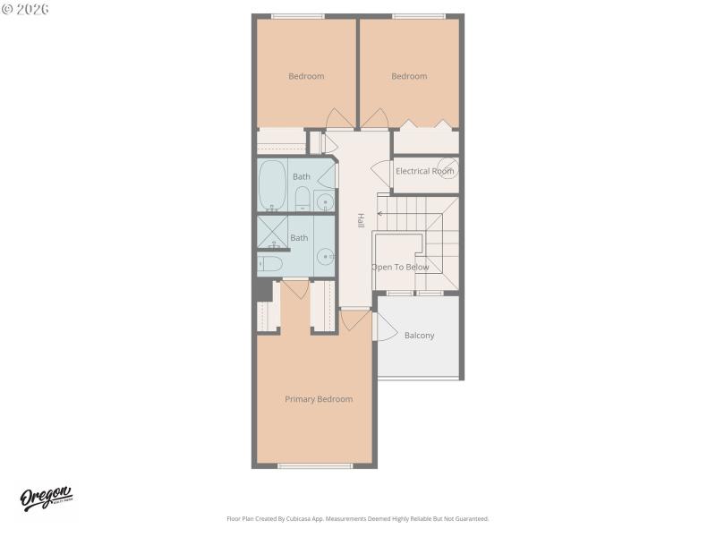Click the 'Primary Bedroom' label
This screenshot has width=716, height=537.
click(319, 399)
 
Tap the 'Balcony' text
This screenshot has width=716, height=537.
click(419, 336)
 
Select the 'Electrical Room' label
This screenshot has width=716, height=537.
click(425, 171)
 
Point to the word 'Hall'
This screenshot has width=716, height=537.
click(361, 220)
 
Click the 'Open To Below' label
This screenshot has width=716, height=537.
click(400, 267)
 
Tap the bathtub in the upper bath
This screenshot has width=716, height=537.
click(272, 184)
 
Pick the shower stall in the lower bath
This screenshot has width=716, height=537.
click(271, 232)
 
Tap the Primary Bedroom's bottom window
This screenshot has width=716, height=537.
click(315, 465)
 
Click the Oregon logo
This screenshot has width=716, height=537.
click(46, 499)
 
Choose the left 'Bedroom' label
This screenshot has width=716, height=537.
click(306, 76)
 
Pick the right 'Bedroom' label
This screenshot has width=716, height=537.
click(409, 76)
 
